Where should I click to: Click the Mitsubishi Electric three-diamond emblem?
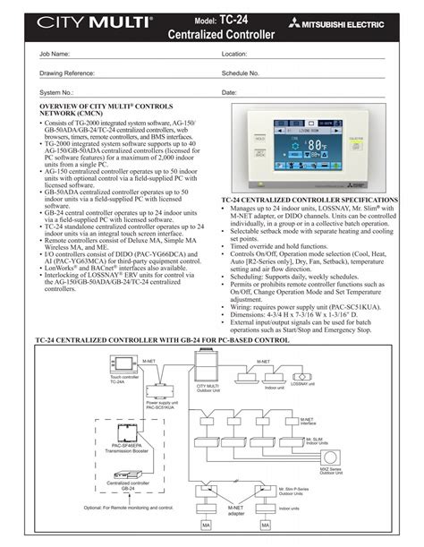click(310, 28)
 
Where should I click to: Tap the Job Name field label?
click(54, 54)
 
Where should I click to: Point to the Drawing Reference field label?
click(65, 73)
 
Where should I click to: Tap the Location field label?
click(234, 54)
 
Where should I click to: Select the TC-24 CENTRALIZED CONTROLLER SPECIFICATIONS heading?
click(309, 200)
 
